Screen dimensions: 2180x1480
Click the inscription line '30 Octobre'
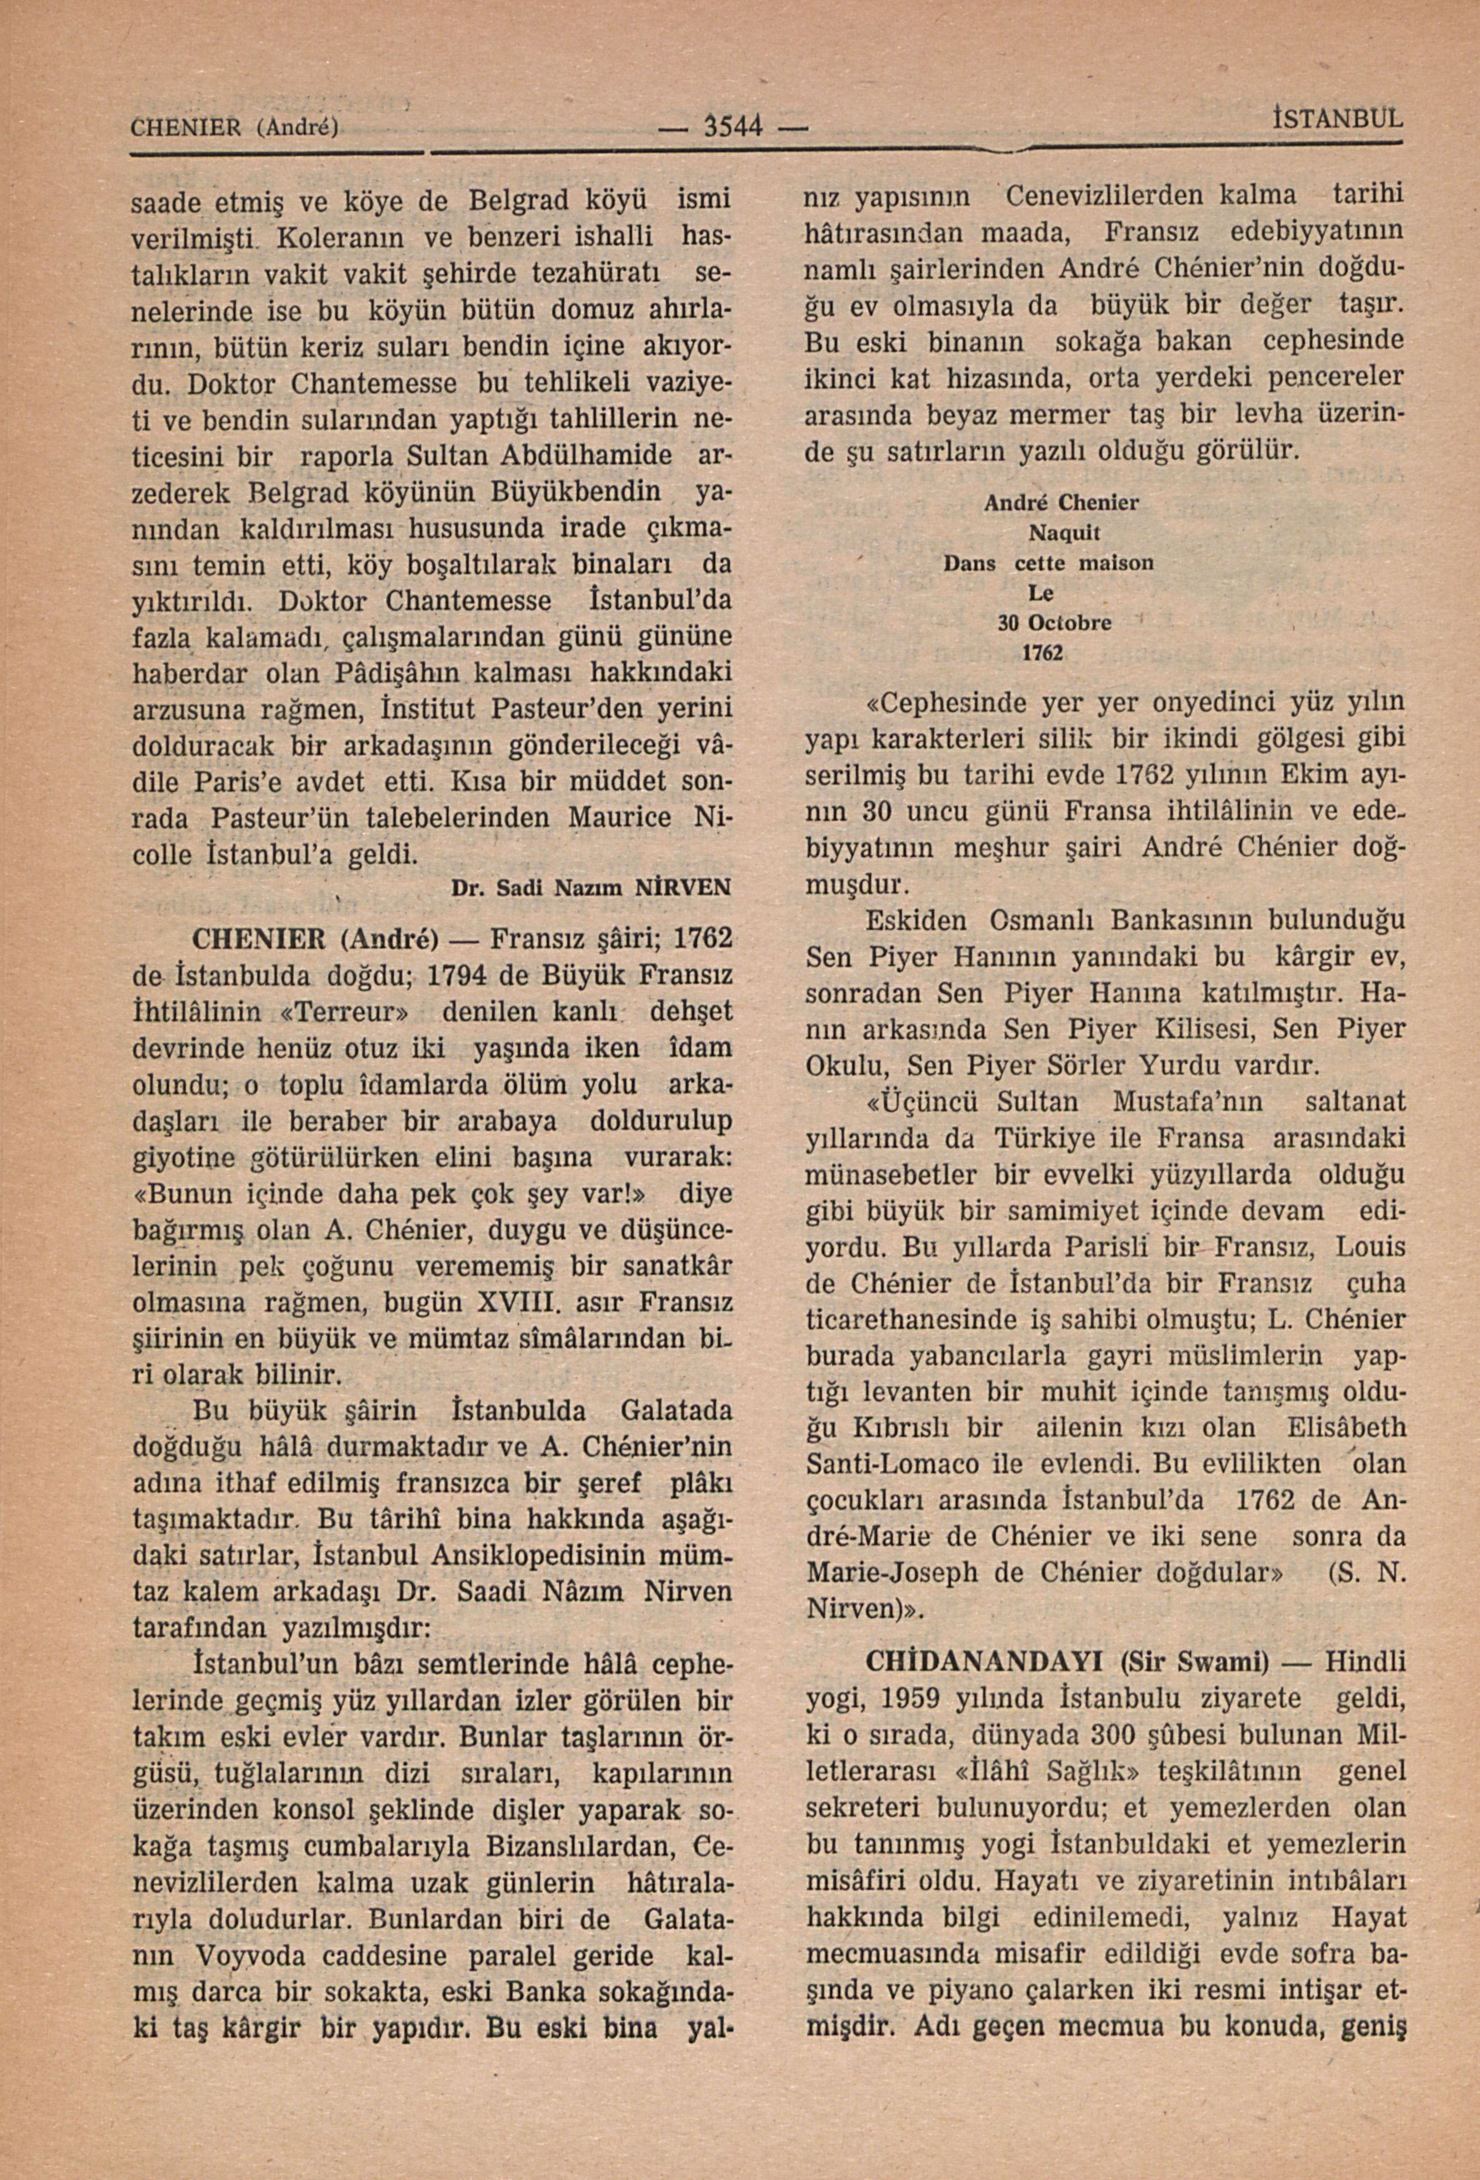(1054, 622)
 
